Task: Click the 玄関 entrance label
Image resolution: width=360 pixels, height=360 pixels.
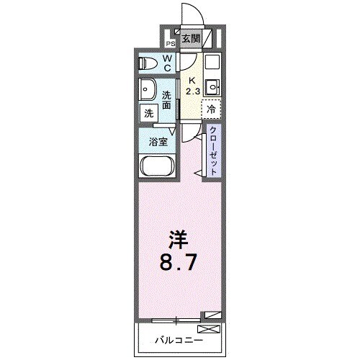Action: (x=191, y=39)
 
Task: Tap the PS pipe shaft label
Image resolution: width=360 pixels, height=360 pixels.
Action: (x=171, y=43)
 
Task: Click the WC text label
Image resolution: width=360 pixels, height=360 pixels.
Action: (x=167, y=63)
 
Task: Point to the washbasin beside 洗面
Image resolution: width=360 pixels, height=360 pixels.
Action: (x=150, y=92)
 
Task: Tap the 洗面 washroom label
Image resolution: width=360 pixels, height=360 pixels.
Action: (x=167, y=101)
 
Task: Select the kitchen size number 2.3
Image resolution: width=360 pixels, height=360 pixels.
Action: (x=192, y=91)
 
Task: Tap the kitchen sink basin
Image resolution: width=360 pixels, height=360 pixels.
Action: (x=212, y=87)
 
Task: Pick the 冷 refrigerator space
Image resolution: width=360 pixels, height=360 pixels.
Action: (x=212, y=110)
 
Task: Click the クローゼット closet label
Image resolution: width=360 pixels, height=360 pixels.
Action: (x=213, y=148)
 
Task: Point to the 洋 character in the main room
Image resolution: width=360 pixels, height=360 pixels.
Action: (x=179, y=238)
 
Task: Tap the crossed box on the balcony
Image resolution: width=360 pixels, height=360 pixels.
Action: (x=208, y=329)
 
